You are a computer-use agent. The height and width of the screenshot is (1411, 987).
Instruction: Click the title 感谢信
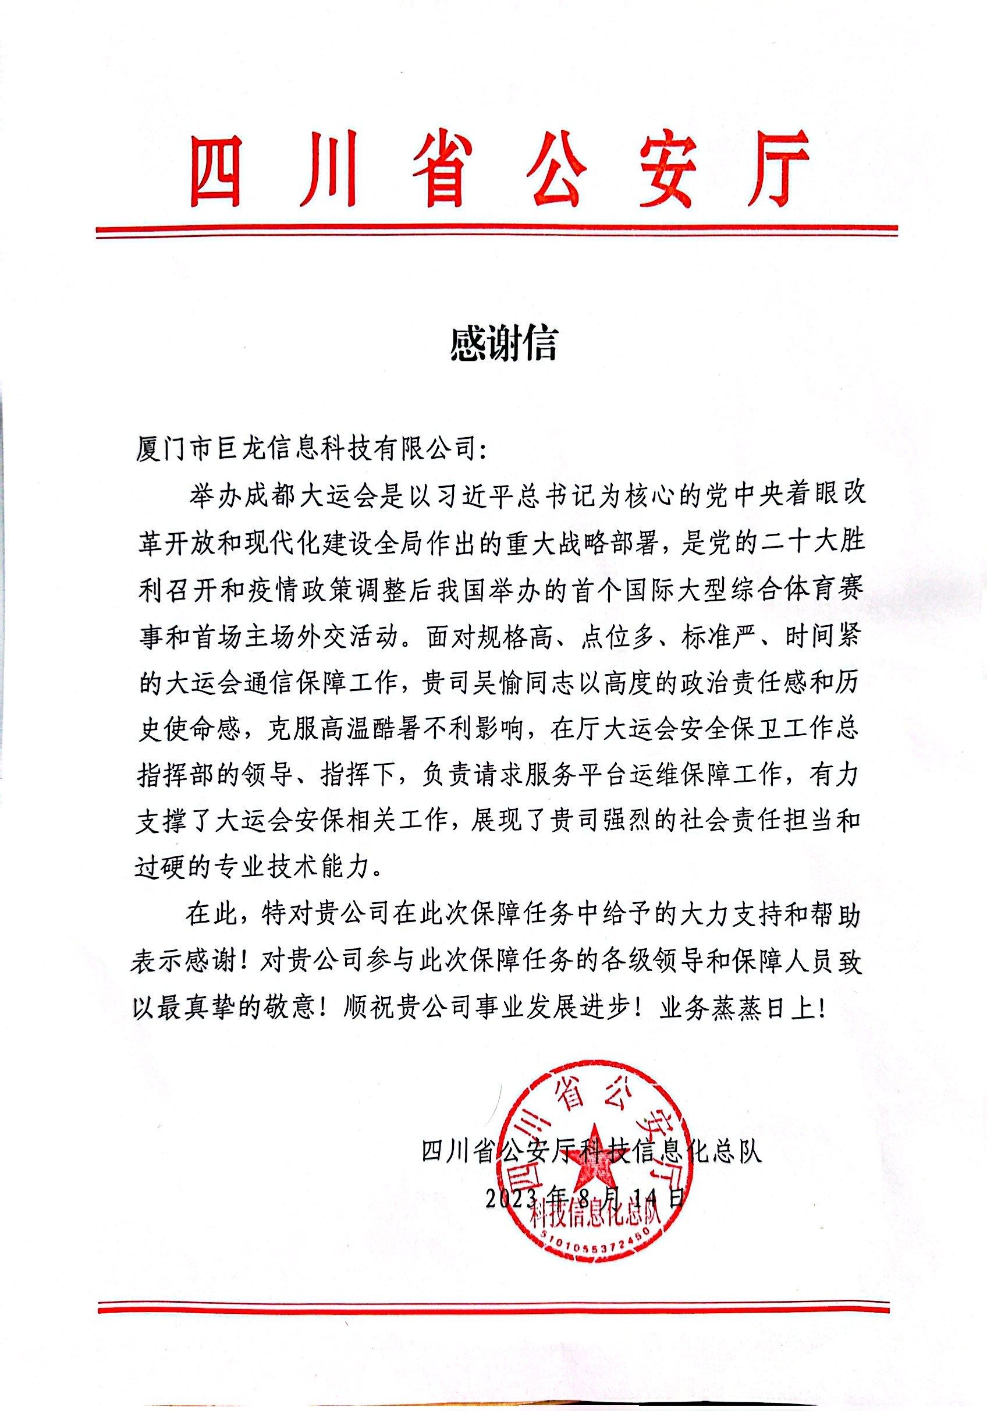coord(503,343)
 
